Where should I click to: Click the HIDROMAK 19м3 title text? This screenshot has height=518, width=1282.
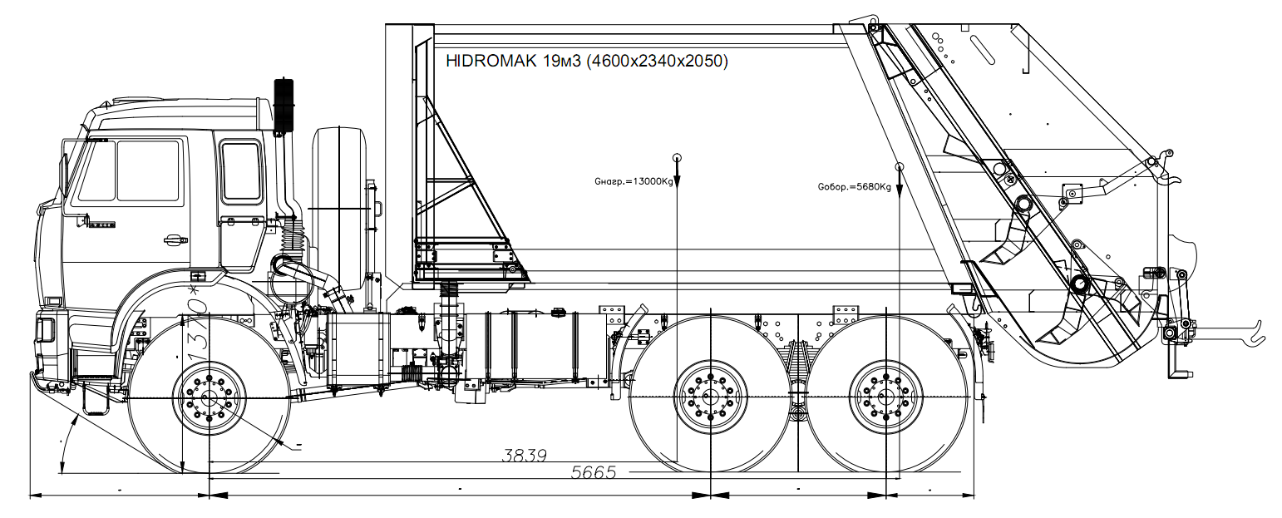point(587,61)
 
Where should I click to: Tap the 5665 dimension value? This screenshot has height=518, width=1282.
point(594,472)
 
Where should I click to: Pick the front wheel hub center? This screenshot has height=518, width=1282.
point(209,398)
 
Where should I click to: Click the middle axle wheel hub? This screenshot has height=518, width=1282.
point(710,397)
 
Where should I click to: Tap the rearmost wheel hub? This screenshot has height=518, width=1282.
point(886,397)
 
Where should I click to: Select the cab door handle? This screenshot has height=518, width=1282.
point(175,240)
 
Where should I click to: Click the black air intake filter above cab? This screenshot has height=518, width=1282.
point(284,106)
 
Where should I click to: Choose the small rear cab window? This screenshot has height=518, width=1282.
point(240,170)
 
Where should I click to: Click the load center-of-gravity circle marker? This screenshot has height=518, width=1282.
point(678,157)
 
